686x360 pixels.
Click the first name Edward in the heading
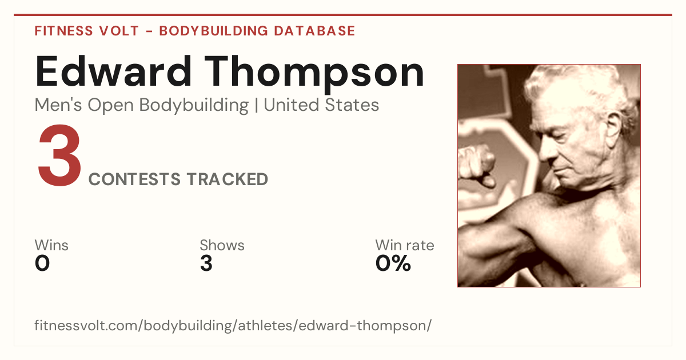(114, 71)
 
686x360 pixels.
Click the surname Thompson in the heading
(314, 74)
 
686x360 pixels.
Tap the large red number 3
(59, 155)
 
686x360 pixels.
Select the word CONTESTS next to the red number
(134, 179)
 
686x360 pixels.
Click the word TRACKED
(228, 179)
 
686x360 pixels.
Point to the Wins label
(51, 245)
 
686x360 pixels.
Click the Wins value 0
(42, 263)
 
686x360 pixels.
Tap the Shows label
(222, 245)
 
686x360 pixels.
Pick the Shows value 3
(206, 263)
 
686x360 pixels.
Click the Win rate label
(405, 245)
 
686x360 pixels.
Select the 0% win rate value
(393, 263)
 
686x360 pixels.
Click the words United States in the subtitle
(321, 105)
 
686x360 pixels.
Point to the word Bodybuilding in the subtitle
(194, 106)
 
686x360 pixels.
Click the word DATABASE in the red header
(314, 31)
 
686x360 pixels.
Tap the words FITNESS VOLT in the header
(87, 31)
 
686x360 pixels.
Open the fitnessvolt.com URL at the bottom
(233, 326)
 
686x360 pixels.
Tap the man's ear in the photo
(613, 128)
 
